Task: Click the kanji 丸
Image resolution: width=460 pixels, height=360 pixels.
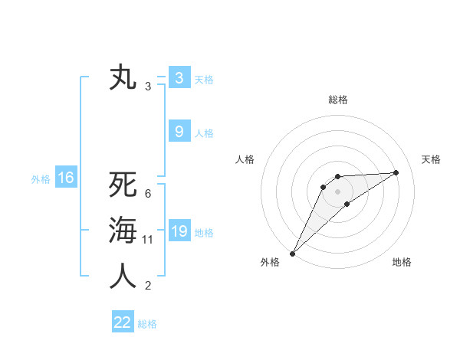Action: [x=123, y=79]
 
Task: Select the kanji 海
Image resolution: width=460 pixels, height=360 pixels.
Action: [x=123, y=231]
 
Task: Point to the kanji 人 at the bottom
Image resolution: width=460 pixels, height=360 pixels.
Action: [x=123, y=277]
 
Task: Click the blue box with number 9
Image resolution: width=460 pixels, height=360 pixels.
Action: [x=179, y=132]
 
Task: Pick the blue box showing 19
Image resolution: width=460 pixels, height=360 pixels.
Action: [x=179, y=231]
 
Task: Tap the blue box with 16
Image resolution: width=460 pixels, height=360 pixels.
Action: [x=66, y=178]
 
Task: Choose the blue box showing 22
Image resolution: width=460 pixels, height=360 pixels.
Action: [x=123, y=322]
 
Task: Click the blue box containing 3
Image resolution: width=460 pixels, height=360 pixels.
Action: [x=179, y=78]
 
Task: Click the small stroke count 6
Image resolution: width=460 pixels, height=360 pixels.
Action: [x=148, y=194]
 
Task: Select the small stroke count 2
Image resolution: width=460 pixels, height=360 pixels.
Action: [x=148, y=286]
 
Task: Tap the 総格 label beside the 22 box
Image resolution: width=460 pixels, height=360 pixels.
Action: [x=147, y=324]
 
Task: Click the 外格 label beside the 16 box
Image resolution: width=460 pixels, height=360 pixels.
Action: [x=41, y=179]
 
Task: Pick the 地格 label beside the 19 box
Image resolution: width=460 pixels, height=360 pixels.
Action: [x=204, y=233]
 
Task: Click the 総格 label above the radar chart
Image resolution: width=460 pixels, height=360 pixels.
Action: [x=337, y=100]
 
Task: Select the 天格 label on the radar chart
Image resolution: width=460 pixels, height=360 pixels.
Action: [x=431, y=159]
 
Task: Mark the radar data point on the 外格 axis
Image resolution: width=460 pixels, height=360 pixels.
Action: [x=292, y=253]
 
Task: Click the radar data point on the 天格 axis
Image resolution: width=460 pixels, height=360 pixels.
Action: [x=396, y=172]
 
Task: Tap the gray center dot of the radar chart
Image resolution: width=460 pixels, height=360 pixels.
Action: [x=337, y=191]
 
